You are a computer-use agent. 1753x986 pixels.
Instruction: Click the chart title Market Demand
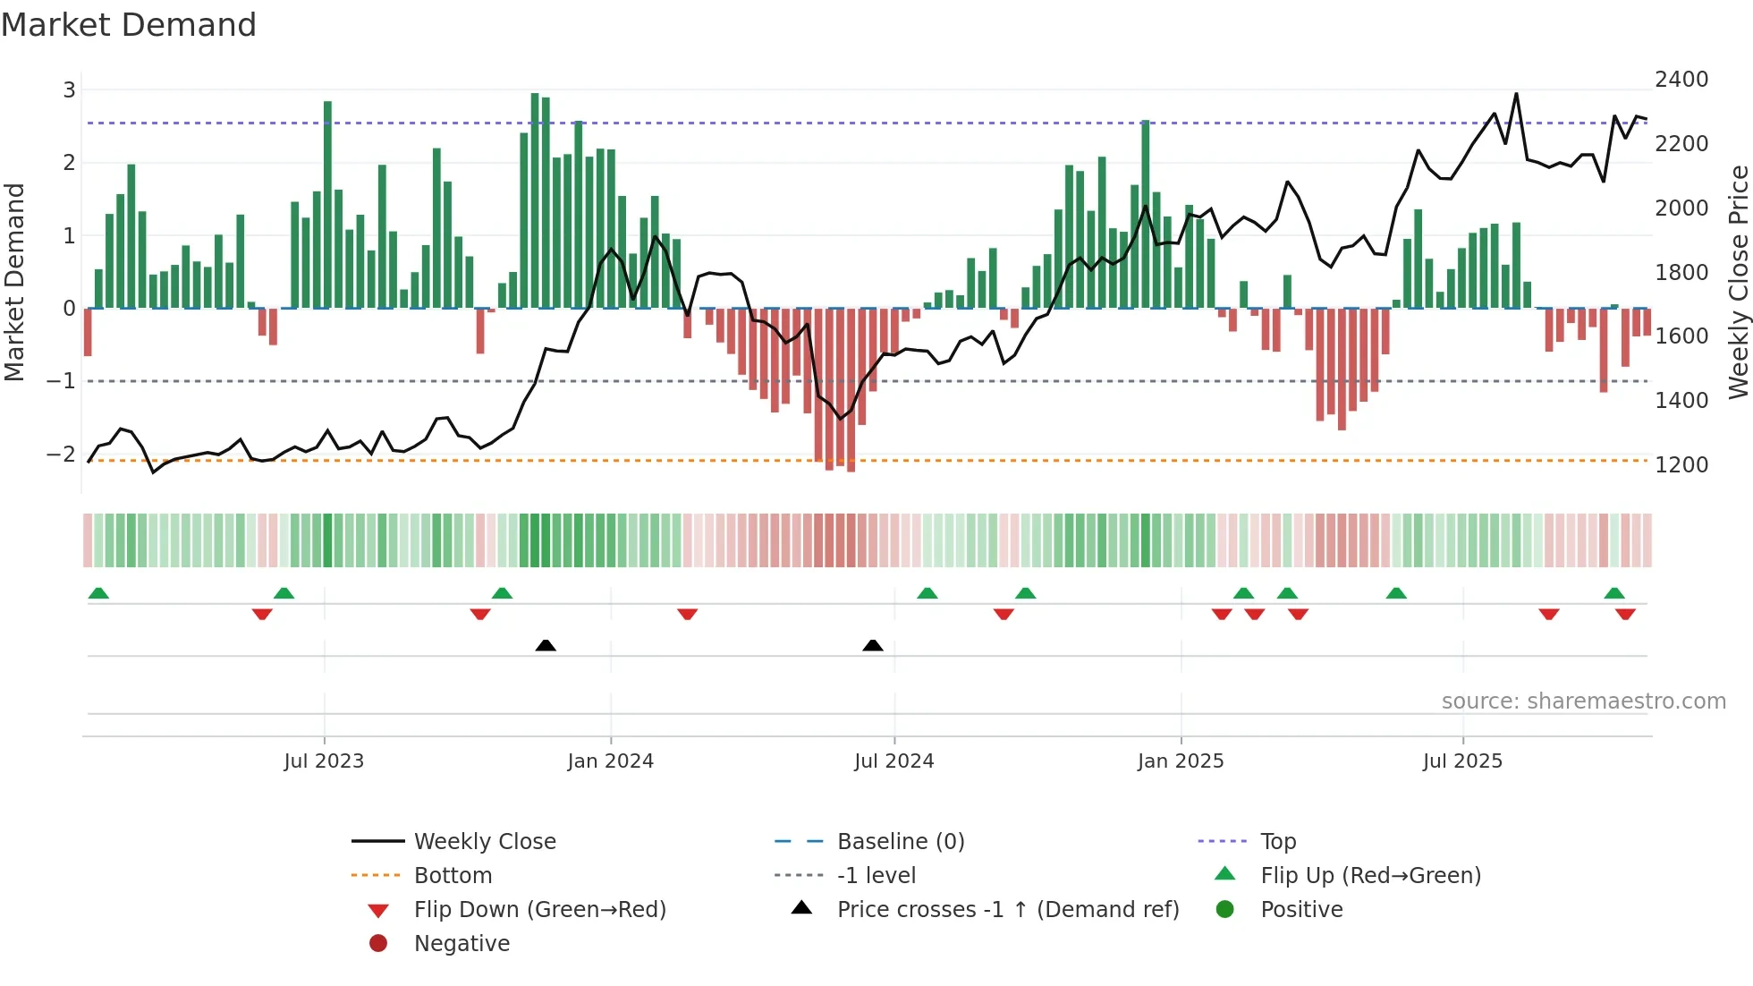pyautogui.click(x=129, y=25)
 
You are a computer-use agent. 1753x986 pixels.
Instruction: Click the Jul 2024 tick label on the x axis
pyautogui.click(x=893, y=761)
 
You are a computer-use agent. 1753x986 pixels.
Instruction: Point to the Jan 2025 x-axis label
pyautogui.click(x=1180, y=761)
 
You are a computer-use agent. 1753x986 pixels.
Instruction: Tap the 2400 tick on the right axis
pyautogui.click(x=1681, y=80)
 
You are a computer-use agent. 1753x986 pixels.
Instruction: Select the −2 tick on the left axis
pyautogui.click(x=61, y=454)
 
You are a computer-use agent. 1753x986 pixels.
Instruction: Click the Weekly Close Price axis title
pyautogui.click(x=1738, y=282)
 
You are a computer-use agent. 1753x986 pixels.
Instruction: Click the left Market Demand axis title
pyautogui.click(x=14, y=282)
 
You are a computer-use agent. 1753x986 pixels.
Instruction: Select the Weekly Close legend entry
pyautogui.click(x=484, y=842)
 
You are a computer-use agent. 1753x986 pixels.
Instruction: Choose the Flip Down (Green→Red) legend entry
pyautogui.click(x=539, y=910)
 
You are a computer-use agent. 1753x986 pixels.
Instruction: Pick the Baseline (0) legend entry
pyautogui.click(x=900, y=842)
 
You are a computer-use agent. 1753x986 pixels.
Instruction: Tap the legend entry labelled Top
pyautogui.click(x=1277, y=842)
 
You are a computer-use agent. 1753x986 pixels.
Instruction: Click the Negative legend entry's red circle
pyautogui.click(x=378, y=944)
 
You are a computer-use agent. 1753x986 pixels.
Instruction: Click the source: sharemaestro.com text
pyautogui.click(x=1583, y=701)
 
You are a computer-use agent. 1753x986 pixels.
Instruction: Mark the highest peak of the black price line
pyautogui.click(x=1516, y=94)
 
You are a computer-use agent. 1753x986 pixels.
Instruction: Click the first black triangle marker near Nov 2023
pyautogui.click(x=546, y=645)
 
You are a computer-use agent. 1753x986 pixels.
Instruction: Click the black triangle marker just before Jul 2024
pyautogui.click(x=873, y=645)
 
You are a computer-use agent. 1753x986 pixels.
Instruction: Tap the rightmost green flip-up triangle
pyautogui.click(x=1614, y=593)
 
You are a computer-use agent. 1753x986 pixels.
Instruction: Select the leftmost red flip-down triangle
pyautogui.click(x=262, y=614)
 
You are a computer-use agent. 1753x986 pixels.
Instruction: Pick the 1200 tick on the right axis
pyautogui.click(x=1681, y=465)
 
